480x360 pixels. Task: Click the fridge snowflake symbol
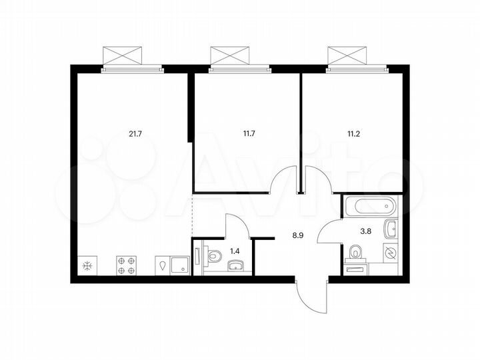coord(87,266)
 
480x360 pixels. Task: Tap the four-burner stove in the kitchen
coord(127,265)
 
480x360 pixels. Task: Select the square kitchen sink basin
coord(179,266)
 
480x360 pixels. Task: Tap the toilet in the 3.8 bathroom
coord(355,253)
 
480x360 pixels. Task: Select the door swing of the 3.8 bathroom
coord(329,232)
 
